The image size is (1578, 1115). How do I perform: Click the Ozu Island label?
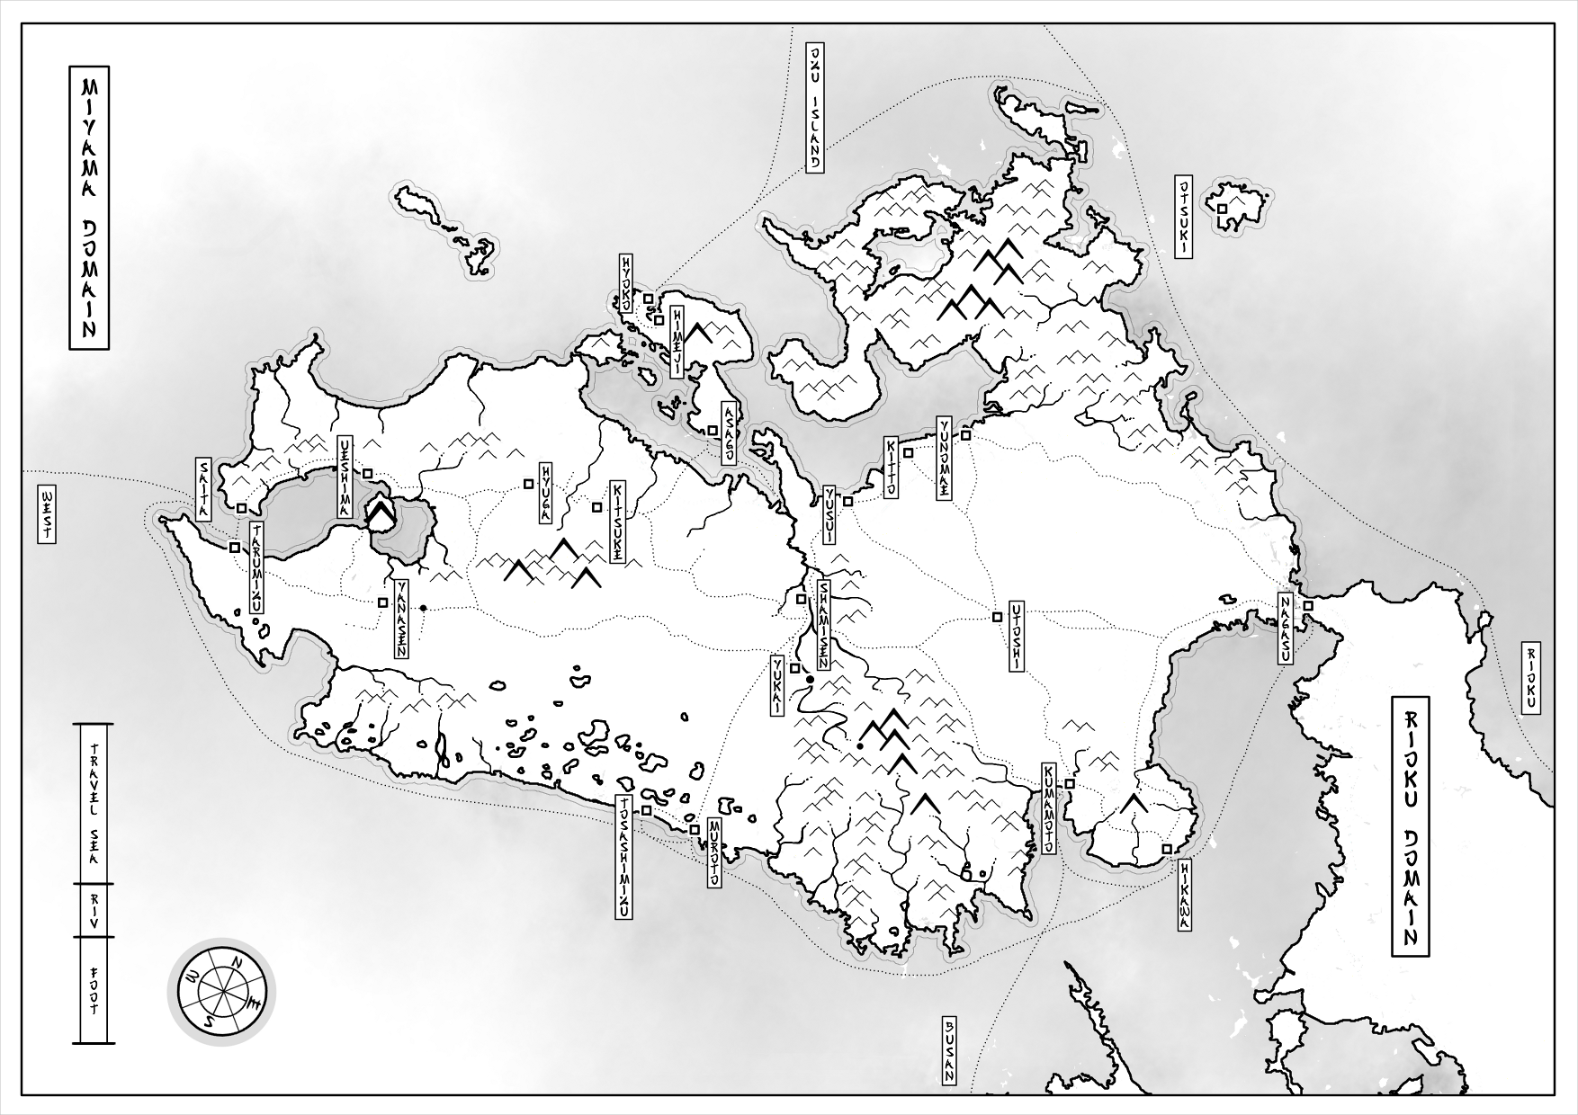coord(814,107)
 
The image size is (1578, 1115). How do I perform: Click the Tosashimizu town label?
coord(622,857)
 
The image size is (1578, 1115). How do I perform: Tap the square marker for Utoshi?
coord(997,617)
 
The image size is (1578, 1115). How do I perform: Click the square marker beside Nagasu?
coord(1308,607)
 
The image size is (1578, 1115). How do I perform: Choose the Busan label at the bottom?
coord(947,1048)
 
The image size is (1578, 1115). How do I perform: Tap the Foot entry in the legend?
coord(93,990)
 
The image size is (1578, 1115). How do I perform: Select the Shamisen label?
coord(823,622)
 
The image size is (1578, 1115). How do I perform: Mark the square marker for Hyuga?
coord(529,484)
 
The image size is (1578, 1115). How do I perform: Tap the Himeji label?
coord(677,340)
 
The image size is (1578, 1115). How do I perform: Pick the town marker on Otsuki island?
coord(1222,209)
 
